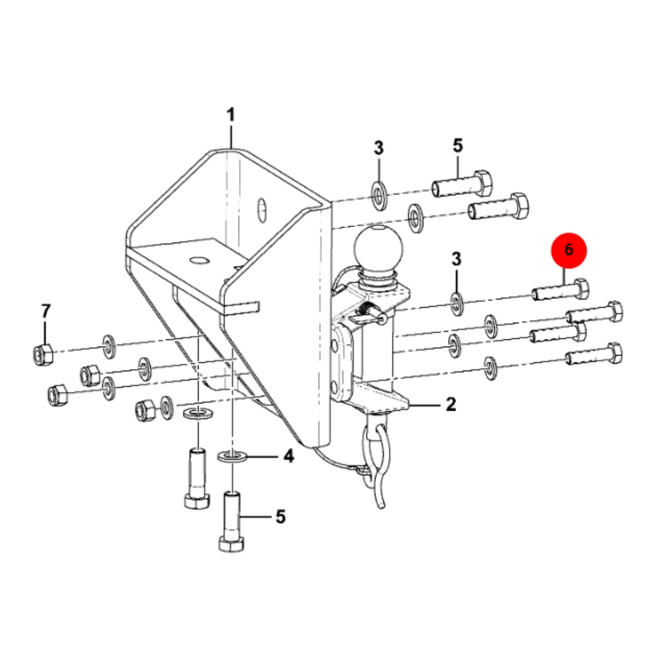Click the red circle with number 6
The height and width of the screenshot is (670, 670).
pos(568,250)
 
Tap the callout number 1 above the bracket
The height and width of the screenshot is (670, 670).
pos(231,115)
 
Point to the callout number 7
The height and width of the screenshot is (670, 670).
pos(46,311)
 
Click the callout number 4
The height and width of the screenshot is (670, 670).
pos(288,456)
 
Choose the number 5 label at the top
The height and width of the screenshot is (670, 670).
pos(458,145)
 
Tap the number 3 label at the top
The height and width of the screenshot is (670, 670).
pos(379,148)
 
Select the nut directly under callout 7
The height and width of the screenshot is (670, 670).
pos(44,354)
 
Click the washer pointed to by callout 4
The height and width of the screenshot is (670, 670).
pos(232,455)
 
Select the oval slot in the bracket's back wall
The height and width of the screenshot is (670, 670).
pos(262,210)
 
